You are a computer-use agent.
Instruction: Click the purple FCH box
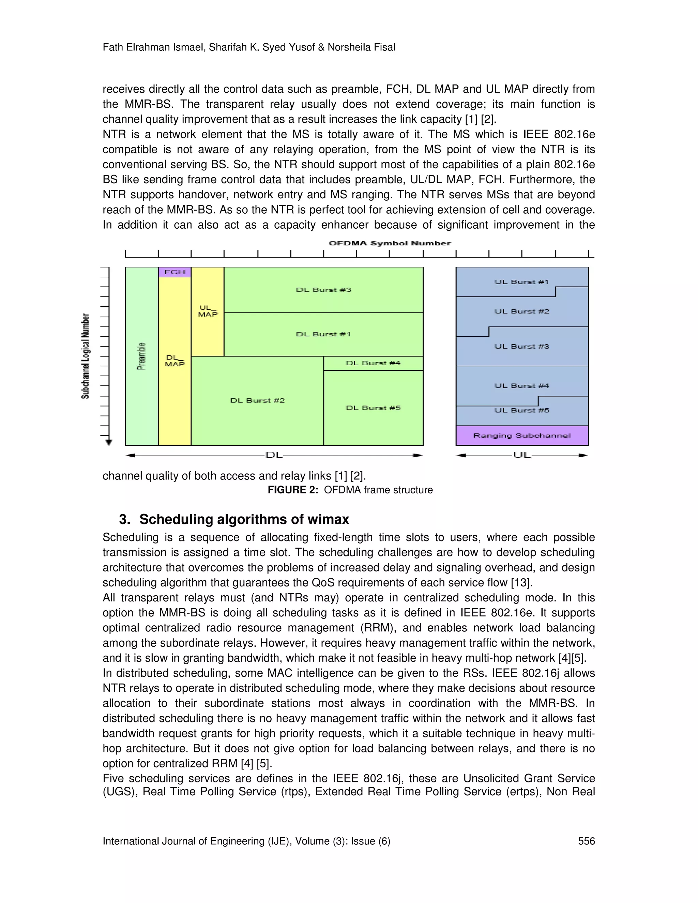pyautogui.click(x=174, y=272)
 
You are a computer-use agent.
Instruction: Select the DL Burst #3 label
pyautogui.click(x=323, y=290)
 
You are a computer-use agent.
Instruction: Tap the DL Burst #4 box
pyautogui.click(x=373, y=363)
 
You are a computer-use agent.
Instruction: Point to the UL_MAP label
pyautogui.click(x=208, y=311)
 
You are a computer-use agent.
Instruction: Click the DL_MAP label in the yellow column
pyautogui.click(x=174, y=361)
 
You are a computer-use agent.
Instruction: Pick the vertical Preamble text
pyautogui.click(x=141, y=356)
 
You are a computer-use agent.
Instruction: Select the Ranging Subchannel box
pyautogui.click(x=522, y=435)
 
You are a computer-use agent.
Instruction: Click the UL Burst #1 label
pyautogui.click(x=521, y=282)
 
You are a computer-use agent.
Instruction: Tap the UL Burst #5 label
pyautogui.click(x=521, y=410)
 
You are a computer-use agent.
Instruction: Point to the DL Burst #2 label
pyautogui.click(x=257, y=400)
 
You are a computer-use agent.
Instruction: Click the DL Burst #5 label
pyautogui.click(x=373, y=408)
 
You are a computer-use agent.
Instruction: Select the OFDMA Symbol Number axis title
pyautogui.click(x=390, y=243)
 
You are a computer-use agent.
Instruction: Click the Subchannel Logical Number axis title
pyautogui.click(x=85, y=356)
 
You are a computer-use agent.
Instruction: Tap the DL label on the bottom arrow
pyautogui.click(x=274, y=455)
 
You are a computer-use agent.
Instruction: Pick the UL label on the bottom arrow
pyautogui.click(x=522, y=455)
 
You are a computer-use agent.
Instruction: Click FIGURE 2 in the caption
pyautogui.click(x=293, y=490)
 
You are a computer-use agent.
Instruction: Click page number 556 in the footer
pyautogui.click(x=586, y=841)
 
